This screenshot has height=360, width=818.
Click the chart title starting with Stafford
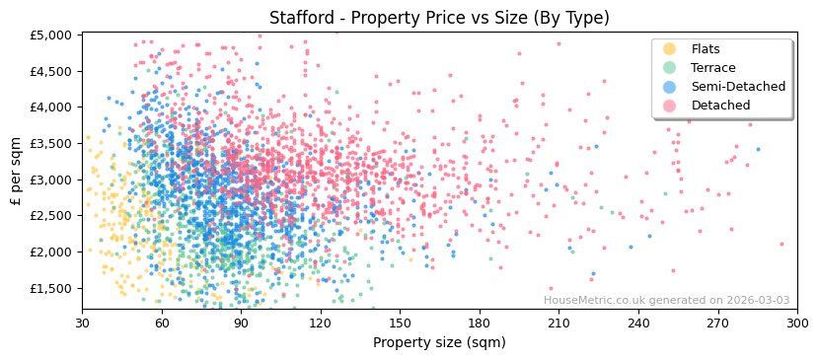(439, 18)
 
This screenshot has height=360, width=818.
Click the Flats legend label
(706, 49)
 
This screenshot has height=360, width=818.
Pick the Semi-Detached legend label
(738, 87)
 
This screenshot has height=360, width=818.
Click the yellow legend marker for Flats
(669, 49)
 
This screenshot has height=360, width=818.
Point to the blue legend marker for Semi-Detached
(669, 87)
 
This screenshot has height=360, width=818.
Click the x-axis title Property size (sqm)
(439, 343)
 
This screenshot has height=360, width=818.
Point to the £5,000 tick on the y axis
(51, 35)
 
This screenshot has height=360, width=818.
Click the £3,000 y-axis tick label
(51, 180)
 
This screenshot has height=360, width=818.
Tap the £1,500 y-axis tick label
(51, 288)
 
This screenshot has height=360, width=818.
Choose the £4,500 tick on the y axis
(51, 71)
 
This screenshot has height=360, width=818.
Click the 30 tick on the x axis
(82, 323)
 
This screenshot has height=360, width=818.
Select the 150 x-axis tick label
(400, 323)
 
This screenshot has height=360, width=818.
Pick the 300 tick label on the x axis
(796, 323)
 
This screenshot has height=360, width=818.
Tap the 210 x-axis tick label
(558, 323)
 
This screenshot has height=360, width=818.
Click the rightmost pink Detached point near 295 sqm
(781, 244)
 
